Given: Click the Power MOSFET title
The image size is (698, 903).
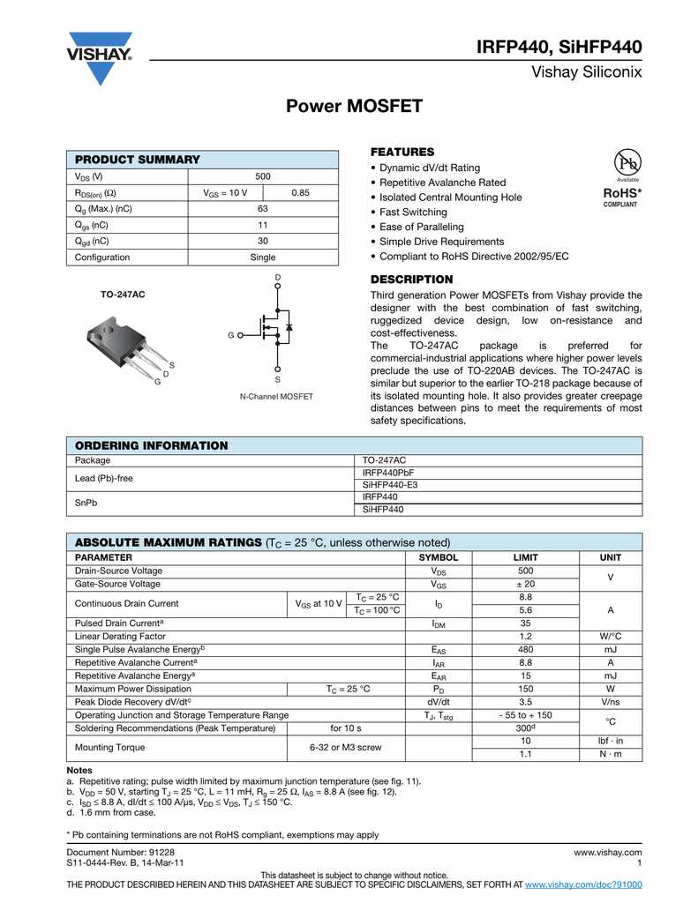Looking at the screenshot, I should point(355,107).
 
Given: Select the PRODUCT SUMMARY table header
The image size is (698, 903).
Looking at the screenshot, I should point(138,160).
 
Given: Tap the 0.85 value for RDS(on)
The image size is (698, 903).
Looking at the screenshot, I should point(300,192).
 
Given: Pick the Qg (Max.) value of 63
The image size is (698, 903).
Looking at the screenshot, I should point(262,209).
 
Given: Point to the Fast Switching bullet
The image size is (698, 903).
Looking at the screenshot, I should point(413,213).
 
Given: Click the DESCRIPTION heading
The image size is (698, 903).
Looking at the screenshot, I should point(411,280).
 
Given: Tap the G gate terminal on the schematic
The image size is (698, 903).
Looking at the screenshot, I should point(231,336).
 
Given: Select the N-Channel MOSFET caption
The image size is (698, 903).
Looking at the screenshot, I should point(276,397).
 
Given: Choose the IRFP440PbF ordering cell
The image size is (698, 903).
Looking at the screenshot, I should point(388,473).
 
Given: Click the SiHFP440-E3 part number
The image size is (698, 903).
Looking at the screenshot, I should point(390,485).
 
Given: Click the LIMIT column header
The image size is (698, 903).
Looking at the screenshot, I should point(525,558).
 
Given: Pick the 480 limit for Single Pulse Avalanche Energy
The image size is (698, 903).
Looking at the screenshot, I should point(525,649).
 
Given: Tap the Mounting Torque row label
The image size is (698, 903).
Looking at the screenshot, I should point(109,748).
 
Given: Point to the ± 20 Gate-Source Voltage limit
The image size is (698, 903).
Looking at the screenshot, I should point(525,584).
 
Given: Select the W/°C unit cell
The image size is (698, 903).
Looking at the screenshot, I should point(610,636).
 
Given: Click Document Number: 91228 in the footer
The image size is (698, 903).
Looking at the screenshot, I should point(121,853).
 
